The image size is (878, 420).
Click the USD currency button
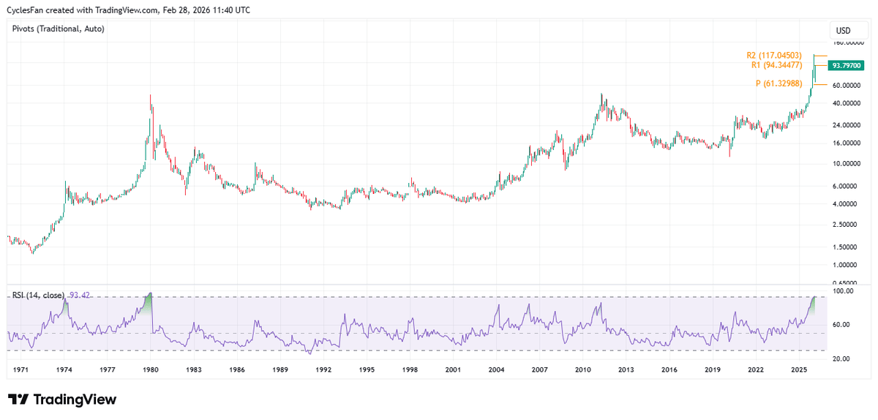843,31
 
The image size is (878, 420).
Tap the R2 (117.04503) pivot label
774,56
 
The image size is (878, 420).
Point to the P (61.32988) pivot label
779,84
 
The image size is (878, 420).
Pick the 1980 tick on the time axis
151,370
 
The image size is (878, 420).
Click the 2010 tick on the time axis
582,370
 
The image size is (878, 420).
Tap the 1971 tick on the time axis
21,370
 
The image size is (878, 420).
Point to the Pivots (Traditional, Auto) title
59,29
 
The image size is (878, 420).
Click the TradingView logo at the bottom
62,400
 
